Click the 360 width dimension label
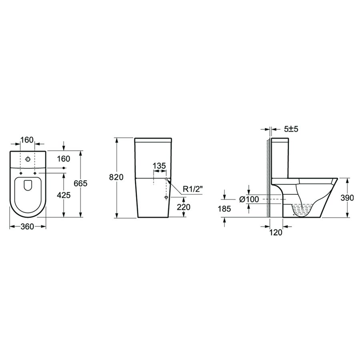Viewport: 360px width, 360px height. (27, 227)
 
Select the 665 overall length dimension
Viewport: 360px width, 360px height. (80, 183)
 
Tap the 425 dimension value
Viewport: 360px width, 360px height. (64, 195)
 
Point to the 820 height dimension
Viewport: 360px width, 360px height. (116, 177)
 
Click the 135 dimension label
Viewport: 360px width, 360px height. (159, 166)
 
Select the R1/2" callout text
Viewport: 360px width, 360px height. (193, 189)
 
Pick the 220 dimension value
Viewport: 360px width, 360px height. (184, 207)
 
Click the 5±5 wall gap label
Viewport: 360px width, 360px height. (291, 129)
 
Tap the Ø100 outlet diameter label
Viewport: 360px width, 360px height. (249, 199)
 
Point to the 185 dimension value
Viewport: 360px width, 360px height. (224, 209)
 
